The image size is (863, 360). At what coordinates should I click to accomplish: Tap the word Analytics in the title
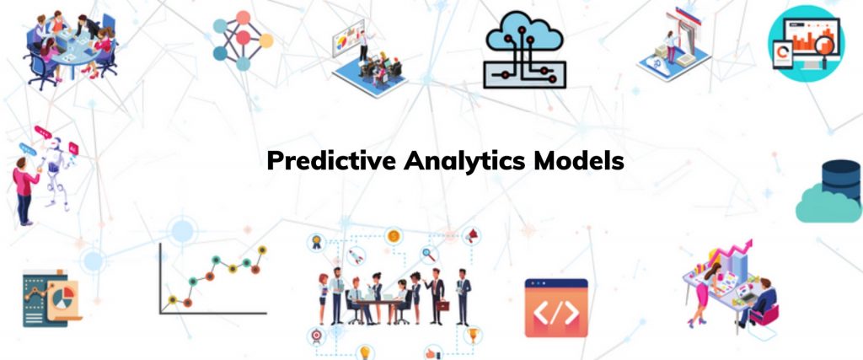click(465, 162)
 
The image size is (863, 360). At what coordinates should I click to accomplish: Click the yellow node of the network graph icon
click(265, 40)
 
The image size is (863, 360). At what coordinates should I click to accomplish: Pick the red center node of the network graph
click(243, 38)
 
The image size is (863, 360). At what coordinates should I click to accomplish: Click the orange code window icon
click(556, 308)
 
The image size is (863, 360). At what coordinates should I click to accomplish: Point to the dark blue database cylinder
click(842, 180)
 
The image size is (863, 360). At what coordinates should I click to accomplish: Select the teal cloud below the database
click(828, 204)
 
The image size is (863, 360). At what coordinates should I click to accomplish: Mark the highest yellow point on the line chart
click(262, 250)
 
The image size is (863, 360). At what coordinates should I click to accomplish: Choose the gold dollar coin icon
click(394, 236)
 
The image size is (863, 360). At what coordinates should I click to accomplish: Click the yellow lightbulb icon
click(364, 352)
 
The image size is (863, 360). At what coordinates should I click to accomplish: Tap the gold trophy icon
click(472, 334)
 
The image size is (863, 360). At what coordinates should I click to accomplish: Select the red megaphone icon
click(472, 236)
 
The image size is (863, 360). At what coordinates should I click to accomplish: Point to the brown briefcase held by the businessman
click(442, 305)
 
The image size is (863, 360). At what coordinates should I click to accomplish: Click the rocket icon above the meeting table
click(356, 256)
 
